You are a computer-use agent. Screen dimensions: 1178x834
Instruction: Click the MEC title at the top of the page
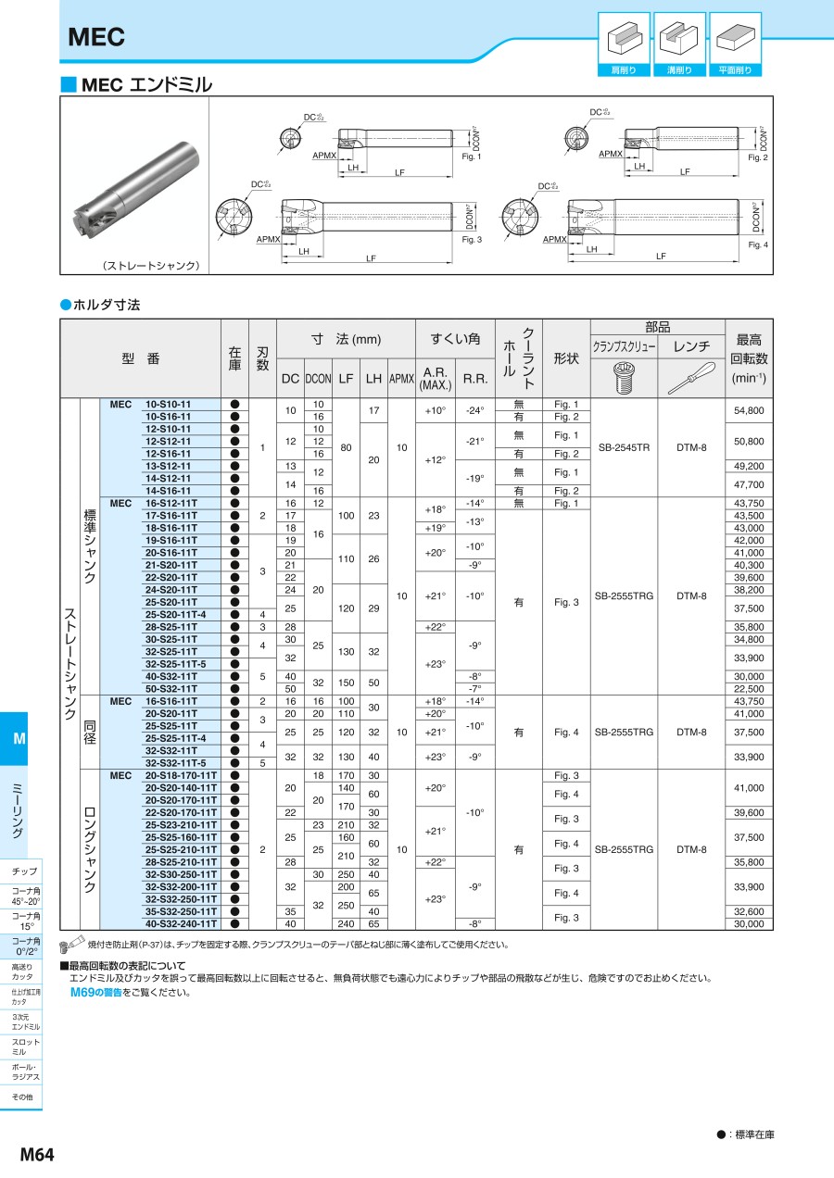[x=96, y=37]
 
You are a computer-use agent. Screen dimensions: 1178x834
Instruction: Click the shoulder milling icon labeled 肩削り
[x=624, y=38]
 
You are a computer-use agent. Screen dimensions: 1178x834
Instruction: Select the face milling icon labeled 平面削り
[x=735, y=38]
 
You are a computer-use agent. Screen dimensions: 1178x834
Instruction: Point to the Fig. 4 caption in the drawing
[x=758, y=244]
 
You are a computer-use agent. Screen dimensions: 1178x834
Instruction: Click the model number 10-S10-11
[x=168, y=405]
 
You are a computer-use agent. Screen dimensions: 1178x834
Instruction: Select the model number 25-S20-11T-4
[x=175, y=614]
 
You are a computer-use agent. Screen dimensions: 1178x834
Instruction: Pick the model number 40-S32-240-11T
[x=181, y=923]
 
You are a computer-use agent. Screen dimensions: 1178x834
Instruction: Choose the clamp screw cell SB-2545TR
[x=624, y=447]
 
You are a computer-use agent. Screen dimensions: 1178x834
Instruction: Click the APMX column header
[x=401, y=378]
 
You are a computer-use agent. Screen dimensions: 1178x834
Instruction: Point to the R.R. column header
[x=475, y=379]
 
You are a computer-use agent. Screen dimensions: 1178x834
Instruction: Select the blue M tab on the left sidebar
[x=19, y=739]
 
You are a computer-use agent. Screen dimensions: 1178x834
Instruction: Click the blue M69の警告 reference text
[x=95, y=992]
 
